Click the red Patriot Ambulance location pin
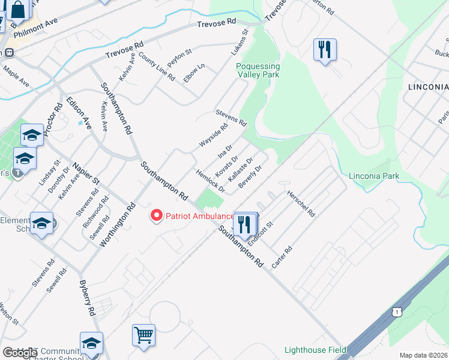157,215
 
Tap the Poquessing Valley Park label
258,71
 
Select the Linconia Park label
374,176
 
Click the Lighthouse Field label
315,350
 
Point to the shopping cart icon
144,335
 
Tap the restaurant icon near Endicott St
244,225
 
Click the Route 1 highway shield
396,311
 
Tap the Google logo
20,353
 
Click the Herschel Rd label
301,204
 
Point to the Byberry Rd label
88,298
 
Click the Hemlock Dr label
210,181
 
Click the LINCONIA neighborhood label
427,87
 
